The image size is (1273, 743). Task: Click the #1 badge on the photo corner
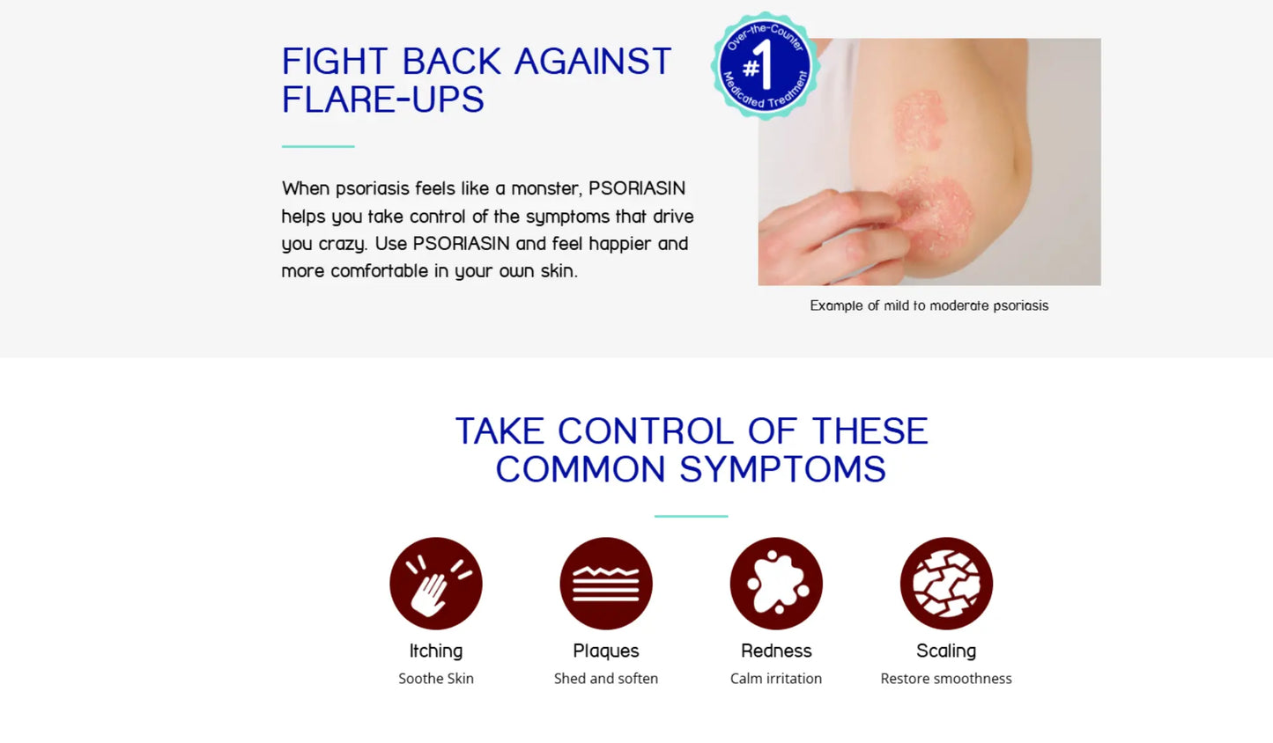point(765,66)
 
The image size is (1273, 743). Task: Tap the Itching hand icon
point(436,584)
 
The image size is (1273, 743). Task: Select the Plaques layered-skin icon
point(606,584)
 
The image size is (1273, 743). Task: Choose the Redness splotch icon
point(776,584)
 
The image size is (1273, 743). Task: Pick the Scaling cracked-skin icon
point(946,584)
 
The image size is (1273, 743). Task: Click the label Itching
point(436,651)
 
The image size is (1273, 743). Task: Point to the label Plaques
point(606,651)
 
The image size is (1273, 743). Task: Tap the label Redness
point(776,651)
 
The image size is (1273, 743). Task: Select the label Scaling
point(946,651)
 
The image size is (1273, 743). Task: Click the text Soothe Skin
point(436,678)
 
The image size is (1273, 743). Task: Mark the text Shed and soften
point(606,678)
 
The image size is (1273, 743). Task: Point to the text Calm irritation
point(776,678)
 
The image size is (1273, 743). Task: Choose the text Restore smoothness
point(946,678)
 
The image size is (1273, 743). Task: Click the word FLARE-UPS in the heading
point(383,99)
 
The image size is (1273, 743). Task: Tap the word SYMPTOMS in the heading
point(782,469)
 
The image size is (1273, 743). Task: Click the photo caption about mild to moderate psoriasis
point(929,305)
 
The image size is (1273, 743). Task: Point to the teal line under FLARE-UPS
point(318,146)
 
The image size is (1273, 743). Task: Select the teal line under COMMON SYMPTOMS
point(691,516)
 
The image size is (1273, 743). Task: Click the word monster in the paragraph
point(547,188)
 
